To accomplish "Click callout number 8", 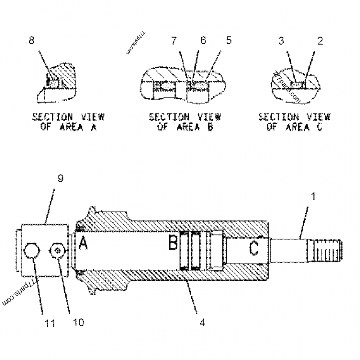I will [31, 40].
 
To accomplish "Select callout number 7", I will [174, 40].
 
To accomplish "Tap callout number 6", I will [202, 40].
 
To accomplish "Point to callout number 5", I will [229, 40].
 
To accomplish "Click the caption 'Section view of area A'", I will [68, 122].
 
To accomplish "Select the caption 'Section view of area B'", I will [185, 122].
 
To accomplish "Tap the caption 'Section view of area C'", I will [294, 122].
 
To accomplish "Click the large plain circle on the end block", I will [33, 251].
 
